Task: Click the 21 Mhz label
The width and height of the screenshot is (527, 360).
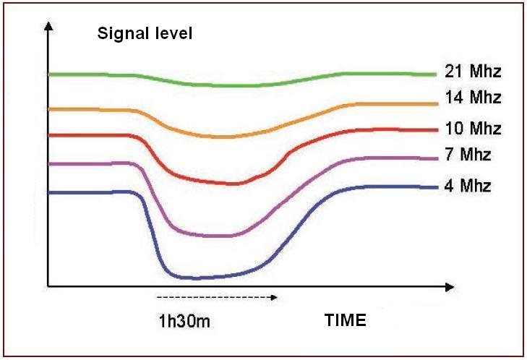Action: click(474, 72)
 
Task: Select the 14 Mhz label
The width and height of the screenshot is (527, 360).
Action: click(474, 97)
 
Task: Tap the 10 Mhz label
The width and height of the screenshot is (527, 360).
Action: click(474, 129)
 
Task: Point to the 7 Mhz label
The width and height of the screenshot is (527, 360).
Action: click(468, 155)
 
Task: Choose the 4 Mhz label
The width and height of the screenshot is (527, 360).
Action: click(468, 186)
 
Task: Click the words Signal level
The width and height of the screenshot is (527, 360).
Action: click(145, 33)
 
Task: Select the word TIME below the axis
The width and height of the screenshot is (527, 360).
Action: click(345, 320)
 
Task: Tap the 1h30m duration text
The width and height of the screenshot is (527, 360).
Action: click(184, 320)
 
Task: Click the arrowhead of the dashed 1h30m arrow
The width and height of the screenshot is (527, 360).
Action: click(273, 296)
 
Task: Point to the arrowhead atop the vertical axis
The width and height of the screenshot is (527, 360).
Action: click(48, 26)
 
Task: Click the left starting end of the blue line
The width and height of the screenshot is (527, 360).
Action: click(49, 192)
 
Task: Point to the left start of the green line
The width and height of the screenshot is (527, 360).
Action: click(49, 74)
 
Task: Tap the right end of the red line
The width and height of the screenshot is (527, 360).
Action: click(437, 130)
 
